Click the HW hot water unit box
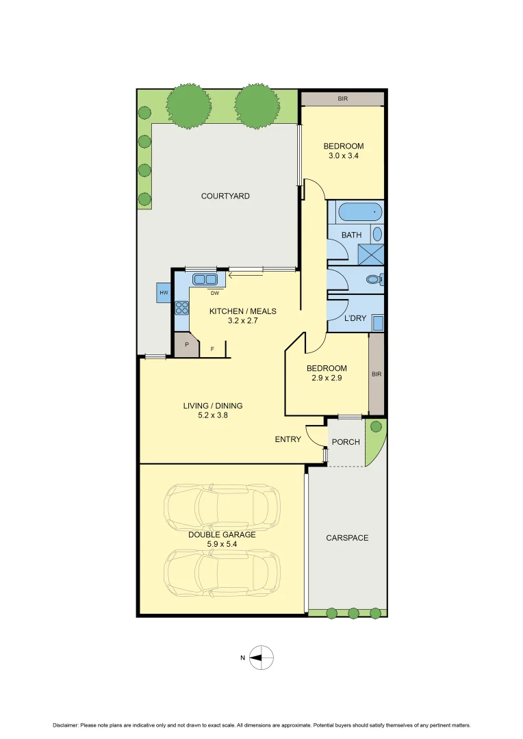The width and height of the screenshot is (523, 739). [164, 293]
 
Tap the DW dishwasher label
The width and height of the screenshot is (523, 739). [214, 294]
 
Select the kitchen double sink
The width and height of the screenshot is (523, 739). [205, 279]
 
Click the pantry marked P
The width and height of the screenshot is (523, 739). [186, 345]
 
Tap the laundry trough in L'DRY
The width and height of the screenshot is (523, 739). [377, 322]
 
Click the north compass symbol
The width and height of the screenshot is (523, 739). [261, 658]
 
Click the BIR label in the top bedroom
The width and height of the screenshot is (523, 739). [343, 99]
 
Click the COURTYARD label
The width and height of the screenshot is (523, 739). [225, 196]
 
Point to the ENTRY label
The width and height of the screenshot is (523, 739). [288, 439]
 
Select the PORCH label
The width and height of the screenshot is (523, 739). [346, 442]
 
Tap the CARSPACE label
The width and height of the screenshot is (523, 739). [347, 538]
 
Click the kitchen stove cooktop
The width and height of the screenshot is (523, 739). [182, 308]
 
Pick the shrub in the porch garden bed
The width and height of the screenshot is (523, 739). [375, 427]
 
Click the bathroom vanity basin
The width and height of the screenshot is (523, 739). [377, 233]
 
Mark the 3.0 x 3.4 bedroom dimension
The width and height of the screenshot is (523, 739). [343, 156]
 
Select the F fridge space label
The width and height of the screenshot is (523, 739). [212, 349]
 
